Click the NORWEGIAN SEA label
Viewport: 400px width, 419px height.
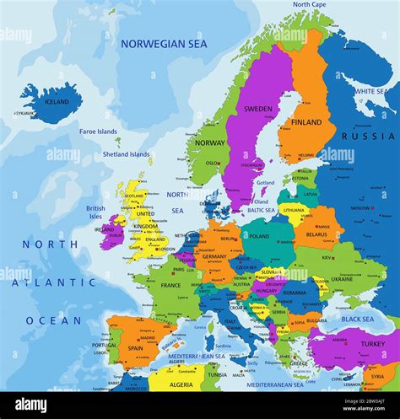(163, 43)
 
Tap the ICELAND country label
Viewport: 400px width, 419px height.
(57, 102)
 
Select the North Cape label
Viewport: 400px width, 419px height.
(311, 5)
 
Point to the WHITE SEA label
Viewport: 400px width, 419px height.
(371, 91)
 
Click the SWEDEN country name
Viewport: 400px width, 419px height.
(257, 109)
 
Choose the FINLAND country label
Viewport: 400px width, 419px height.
(306, 122)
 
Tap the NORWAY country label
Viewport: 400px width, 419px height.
(210, 142)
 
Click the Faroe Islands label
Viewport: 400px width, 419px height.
(98, 132)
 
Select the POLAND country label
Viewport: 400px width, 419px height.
(259, 237)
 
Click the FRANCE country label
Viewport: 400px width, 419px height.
(170, 285)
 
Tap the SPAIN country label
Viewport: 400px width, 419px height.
(135, 347)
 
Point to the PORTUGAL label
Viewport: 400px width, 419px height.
(105, 345)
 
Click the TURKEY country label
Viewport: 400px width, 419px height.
(371, 345)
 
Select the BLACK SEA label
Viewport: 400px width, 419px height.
(357, 320)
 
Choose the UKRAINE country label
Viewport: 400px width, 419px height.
(342, 278)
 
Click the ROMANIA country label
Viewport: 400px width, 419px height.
(295, 293)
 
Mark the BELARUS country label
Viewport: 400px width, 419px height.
(316, 235)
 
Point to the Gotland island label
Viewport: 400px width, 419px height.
(265, 182)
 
